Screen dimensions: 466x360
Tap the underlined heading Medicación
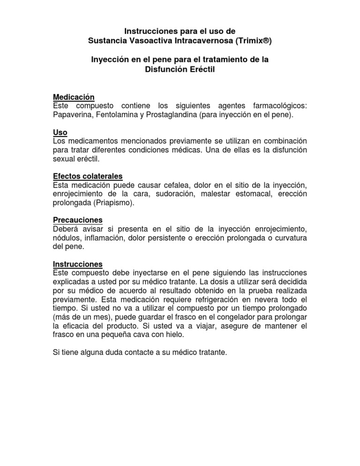[x=74, y=97]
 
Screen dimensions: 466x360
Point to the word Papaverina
[x=73, y=115]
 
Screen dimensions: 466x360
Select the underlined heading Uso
[x=60, y=133]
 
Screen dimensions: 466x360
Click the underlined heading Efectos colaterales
[x=88, y=176]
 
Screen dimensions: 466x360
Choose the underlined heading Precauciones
[x=78, y=220]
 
